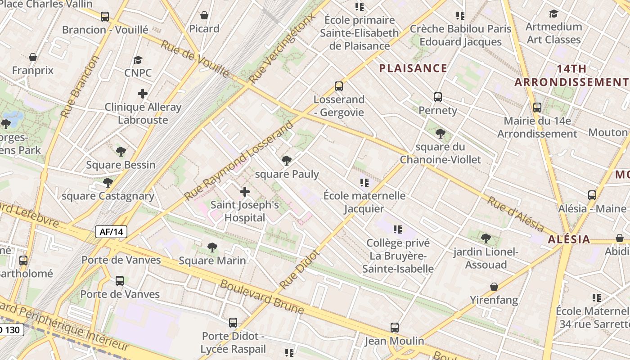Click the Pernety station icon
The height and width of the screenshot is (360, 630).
pos(437,97)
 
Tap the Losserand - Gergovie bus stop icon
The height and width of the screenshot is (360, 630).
pos(338,86)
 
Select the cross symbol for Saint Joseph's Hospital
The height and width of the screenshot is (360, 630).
pos(245,192)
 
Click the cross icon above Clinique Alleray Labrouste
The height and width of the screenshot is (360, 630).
pos(143,94)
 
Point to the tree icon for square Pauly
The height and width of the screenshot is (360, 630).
pos(286,161)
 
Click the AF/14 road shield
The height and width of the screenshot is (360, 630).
pos(111,232)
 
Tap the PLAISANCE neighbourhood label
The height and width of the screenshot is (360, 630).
pos(413,68)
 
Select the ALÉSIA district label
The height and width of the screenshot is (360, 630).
pos(569,239)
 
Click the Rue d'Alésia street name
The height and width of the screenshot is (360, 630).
pos(515,214)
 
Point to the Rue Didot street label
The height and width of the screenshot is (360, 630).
pos(299,270)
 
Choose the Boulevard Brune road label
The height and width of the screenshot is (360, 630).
pos(261,297)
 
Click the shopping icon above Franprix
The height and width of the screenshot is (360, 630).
pos(33,58)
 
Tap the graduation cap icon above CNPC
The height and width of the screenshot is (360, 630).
pos(138,60)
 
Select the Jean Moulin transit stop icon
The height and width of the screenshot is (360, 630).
pos(394,328)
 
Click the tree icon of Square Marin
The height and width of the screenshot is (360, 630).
pos(212,247)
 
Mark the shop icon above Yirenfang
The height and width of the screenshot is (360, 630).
pos(494,287)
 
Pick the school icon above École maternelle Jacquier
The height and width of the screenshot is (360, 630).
pos(364,183)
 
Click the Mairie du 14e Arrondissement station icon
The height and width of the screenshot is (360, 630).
pos(537,108)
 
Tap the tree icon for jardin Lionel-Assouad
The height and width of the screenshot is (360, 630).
pos(485,238)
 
